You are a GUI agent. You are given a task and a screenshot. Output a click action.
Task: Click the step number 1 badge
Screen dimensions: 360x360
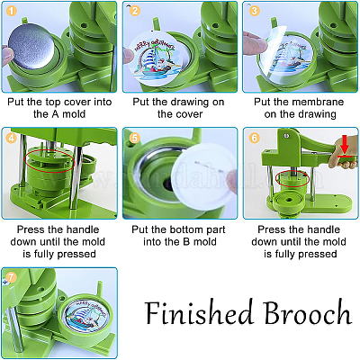(x=12, y=12)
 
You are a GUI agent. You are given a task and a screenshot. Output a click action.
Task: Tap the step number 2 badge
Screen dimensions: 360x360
(x=135, y=11)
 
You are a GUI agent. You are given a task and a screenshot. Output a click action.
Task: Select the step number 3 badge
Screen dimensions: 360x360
(x=255, y=11)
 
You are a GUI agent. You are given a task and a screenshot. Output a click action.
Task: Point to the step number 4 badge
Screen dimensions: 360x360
(x=12, y=139)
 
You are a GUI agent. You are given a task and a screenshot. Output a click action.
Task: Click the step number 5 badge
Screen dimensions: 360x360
(x=135, y=138)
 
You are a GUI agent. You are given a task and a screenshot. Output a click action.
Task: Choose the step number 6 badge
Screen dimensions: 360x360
(x=255, y=138)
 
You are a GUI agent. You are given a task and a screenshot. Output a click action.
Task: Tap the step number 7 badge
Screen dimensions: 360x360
(x=11, y=277)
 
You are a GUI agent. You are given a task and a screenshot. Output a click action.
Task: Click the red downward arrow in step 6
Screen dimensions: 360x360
(x=345, y=145)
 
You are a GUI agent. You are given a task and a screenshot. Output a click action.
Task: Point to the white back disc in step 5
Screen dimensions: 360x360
(x=204, y=175)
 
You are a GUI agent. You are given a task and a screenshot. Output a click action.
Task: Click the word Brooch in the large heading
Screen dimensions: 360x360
(x=307, y=312)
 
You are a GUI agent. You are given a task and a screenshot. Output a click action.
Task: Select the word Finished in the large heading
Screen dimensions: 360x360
(x=198, y=312)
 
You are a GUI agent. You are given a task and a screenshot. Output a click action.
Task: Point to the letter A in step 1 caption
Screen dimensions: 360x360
(x=55, y=114)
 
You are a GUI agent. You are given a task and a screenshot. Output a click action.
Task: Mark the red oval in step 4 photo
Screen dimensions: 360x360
(x=49, y=161)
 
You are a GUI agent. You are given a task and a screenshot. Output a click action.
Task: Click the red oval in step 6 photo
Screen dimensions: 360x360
(x=292, y=178)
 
